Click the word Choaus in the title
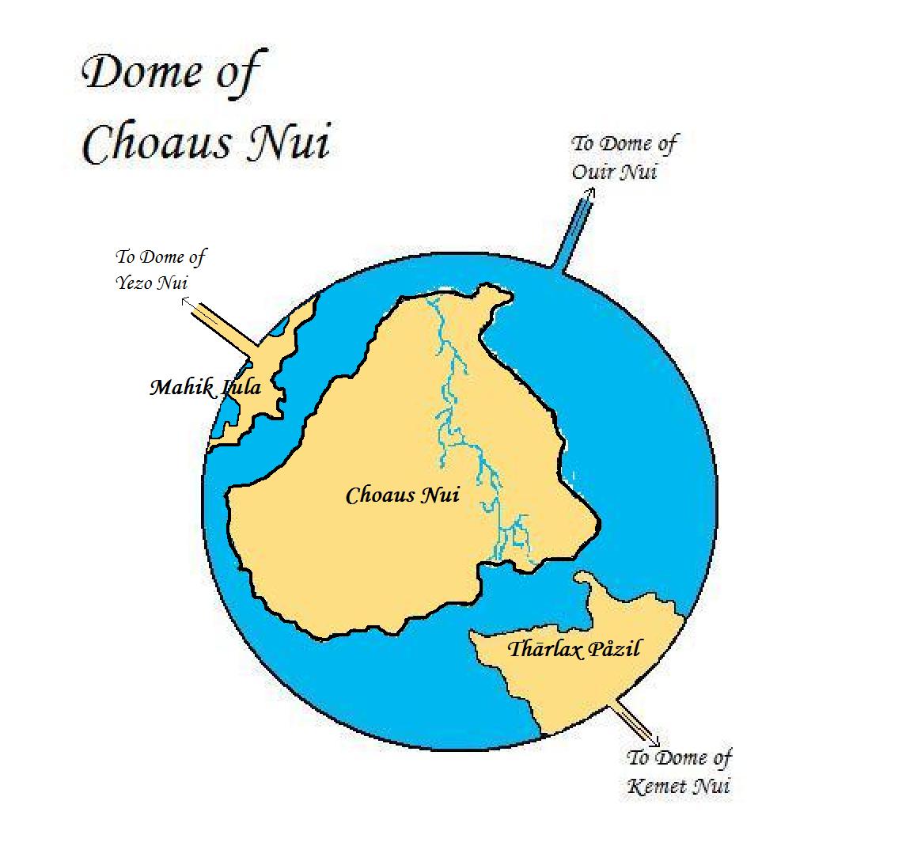tap(155, 144)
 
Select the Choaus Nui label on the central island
tap(403, 496)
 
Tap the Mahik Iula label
tap(205, 388)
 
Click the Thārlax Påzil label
tap(574, 650)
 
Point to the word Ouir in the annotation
tap(593, 172)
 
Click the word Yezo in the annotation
tap(135, 283)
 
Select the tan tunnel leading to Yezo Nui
tap(226, 327)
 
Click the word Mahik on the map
tap(179, 388)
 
